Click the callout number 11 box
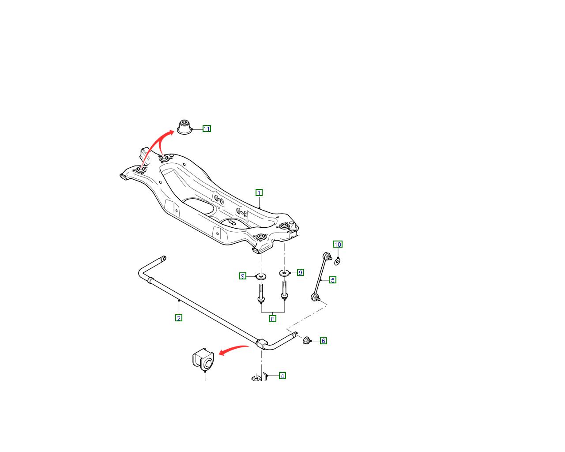tap(207, 129)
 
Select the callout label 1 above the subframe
tap(259, 193)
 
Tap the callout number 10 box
tap(337, 244)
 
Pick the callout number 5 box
tap(333, 280)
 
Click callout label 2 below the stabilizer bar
tap(178, 318)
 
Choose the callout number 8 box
tap(272, 319)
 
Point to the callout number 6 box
tap(324, 341)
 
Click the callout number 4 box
tap(282, 376)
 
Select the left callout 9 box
tap(243, 276)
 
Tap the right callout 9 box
tap(300, 272)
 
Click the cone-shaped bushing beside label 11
tap(185, 127)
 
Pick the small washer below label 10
tap(337, 262)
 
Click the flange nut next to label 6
tap(306, 341)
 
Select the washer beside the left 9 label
tap(261, 276)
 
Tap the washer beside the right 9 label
tap(284, 273)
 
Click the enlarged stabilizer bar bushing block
tap(203, 359)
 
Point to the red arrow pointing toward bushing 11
tap(153, 144)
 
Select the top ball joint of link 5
tap(326, 256)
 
